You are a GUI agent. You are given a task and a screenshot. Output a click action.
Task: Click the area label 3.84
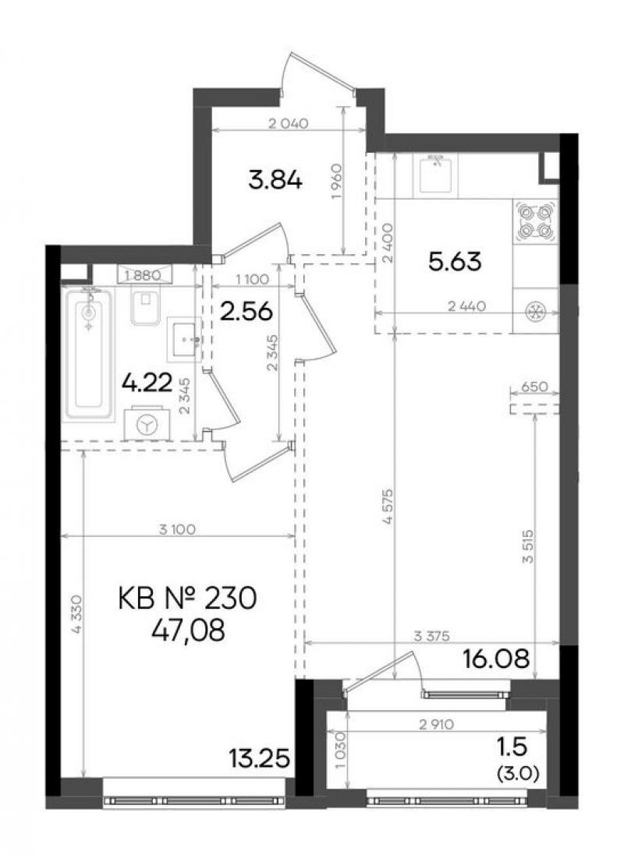pyautogui.click(x=275, y=180)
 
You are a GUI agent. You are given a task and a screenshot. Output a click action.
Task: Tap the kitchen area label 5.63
pyautogui.click(x=455, y=262)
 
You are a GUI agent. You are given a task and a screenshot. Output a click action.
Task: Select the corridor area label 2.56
pyautogui.click(x=246, y=312)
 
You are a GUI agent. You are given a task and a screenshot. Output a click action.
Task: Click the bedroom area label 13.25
pyautogui.click(x=259, y=758)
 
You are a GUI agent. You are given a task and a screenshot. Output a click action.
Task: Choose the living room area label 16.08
pyautogui.click(x=496, y=659)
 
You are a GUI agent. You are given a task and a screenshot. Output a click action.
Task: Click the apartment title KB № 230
pyautogui.click(x=187, y=600)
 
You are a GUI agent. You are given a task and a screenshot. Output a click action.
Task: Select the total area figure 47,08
pyautogui.click(x=188, y=631)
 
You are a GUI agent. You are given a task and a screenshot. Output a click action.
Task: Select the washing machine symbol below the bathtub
pyautogui.click(x=147, y=423)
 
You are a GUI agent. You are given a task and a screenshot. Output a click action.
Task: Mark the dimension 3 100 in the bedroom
pyautogui.click(x=178, y=529)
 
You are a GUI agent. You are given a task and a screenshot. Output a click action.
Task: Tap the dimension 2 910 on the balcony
pyautogui.click(x=437, y=725)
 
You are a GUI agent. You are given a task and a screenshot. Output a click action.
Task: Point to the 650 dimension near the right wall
pyautogui.click(x=534, y=387)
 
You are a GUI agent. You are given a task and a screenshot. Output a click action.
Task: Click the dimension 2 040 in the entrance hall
pyautogui.click(x=289, y=123)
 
